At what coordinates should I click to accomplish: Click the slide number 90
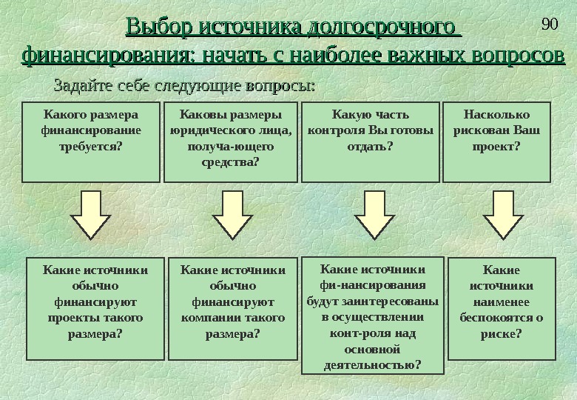point(549,24)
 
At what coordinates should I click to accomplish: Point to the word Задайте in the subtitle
point(81,86)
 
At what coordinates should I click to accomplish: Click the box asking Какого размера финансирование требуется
point(91,141)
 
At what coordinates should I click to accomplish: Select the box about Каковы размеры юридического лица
point(231,141)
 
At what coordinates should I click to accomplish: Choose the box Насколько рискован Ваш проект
point(496,141)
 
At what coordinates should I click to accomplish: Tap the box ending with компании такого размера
point(233,307)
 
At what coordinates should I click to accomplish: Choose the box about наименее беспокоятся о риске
point(502,307)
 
